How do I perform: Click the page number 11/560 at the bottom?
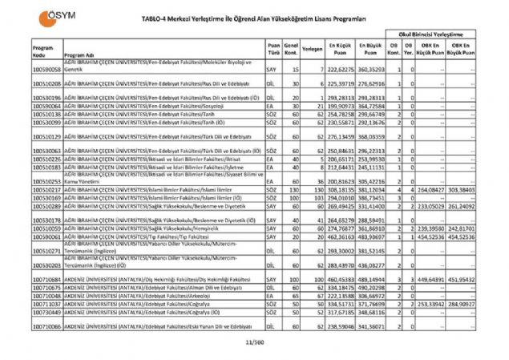pos(254,342)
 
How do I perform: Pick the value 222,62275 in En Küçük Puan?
pos(341,71)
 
